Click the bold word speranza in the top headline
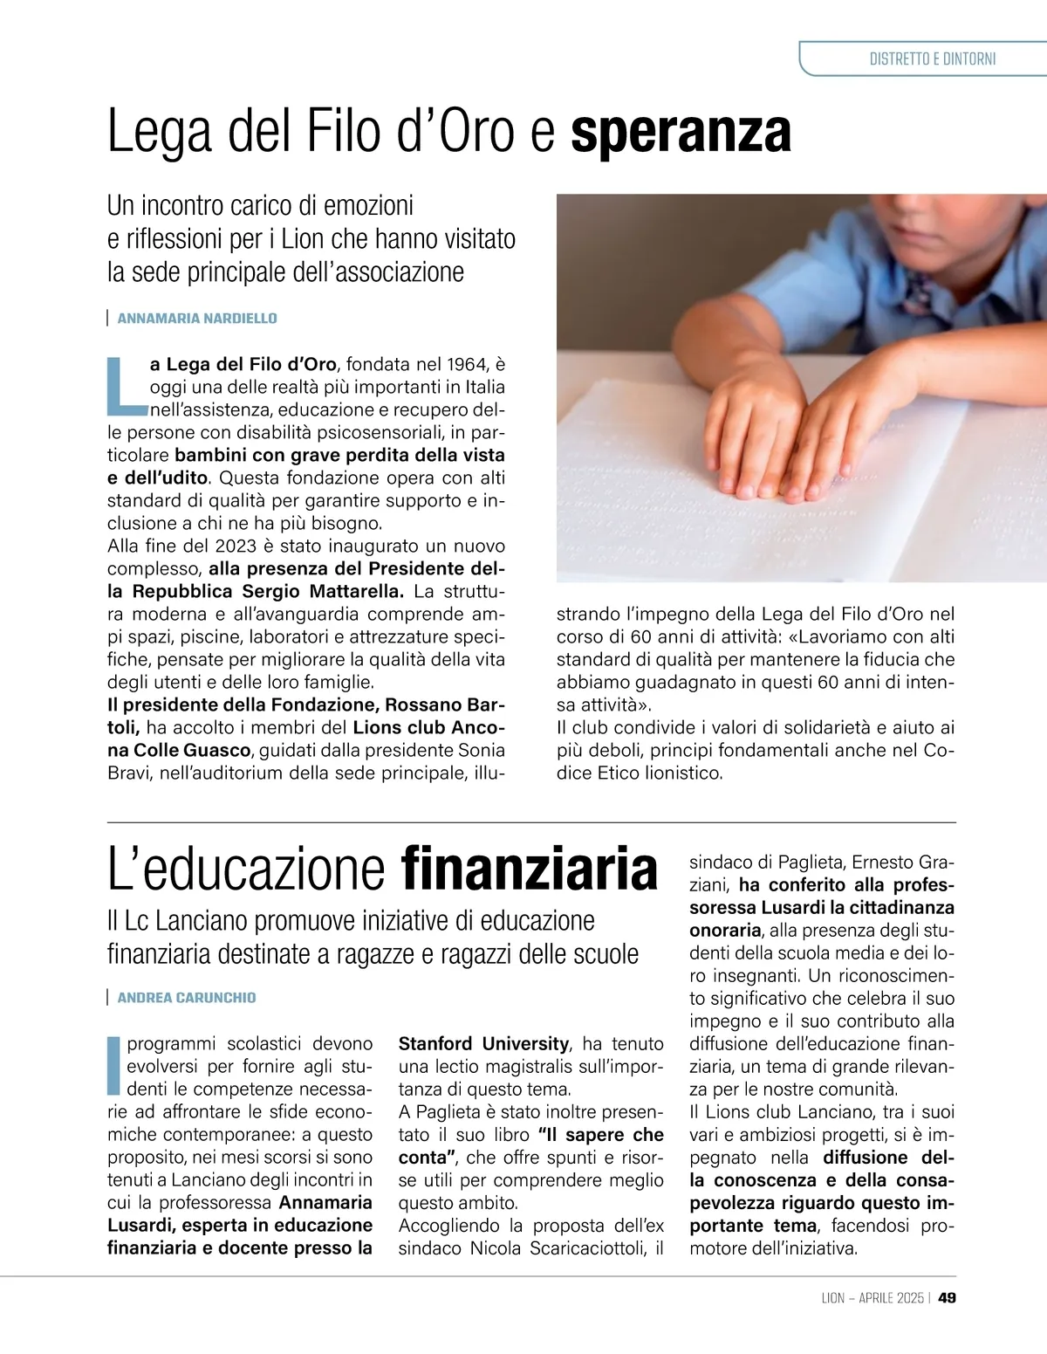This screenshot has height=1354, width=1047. (681, 133)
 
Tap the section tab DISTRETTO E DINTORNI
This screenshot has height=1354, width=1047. (932, 59)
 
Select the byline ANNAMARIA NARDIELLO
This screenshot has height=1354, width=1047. (196, 319)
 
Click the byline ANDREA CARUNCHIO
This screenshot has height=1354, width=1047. (186, 998)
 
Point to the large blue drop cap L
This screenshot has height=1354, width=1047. (126, 385)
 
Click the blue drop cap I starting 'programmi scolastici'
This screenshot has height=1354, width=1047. (113, 1065)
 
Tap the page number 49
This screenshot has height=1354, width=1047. (947, 1298)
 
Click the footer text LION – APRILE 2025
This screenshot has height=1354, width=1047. (872, 1298)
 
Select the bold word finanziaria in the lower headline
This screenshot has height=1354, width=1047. (529, 869)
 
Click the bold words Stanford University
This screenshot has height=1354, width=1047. (483, 1044)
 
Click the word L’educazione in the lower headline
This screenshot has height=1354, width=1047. (246, 869)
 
